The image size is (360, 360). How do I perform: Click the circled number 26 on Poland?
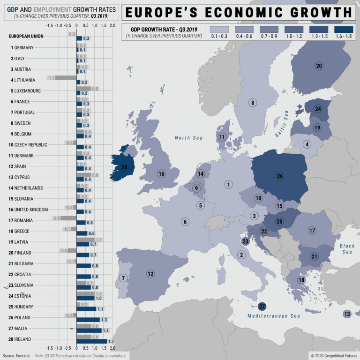[x=280, y=176]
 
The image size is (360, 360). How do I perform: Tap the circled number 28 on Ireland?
[x=124, y=167]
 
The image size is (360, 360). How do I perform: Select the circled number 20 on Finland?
[x=319, y=66]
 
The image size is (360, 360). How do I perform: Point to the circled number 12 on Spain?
[x=150, y=274]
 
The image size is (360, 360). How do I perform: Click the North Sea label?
[x=188, y=138]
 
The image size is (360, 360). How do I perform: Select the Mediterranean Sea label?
[x=274, y=316]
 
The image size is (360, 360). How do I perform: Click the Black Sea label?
[x=347, y=249]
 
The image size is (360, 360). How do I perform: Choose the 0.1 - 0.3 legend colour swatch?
[x=220, y=29]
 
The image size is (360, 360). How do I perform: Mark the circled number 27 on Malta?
[x=262, y=307]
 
